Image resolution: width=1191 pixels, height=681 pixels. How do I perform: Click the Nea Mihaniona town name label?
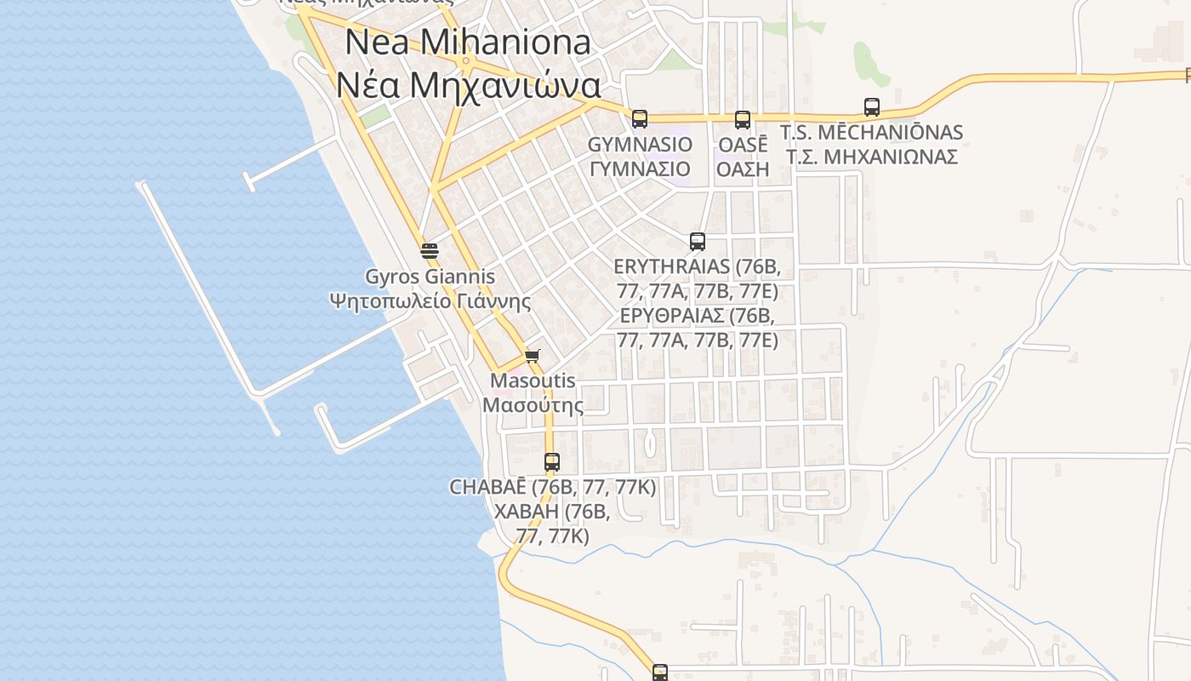coord(468,42)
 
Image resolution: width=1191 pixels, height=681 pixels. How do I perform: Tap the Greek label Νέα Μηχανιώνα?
coord(468,85)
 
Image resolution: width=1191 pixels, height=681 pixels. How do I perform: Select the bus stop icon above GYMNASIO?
coord(640,118)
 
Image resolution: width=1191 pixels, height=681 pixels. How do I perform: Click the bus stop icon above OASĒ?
coord(743,119)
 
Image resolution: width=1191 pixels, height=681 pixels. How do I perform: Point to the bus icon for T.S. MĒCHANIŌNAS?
coord(872,107)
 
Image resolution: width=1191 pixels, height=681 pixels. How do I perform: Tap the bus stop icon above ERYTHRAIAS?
coord(698,241)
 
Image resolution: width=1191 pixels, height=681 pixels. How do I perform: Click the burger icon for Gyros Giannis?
coord(430,250)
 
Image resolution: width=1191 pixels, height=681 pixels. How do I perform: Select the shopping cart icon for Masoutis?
coord(533,356)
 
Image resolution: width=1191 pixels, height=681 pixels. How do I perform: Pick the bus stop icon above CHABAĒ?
coord(552,462)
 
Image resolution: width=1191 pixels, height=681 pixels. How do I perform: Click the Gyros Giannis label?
coord(430,277)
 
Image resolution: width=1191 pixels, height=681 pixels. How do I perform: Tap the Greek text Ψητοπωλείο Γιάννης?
coord(430,300)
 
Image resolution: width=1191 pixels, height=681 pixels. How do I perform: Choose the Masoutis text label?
coord(533,381)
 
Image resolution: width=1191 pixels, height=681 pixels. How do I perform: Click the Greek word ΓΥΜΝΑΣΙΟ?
coord(640,168)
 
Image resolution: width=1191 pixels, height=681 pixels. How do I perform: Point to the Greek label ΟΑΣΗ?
coord(743,169)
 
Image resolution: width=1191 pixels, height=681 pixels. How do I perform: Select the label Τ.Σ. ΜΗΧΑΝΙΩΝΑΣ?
coord(872,157)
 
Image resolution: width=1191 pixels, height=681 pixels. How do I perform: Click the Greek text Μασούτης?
coord(533,404)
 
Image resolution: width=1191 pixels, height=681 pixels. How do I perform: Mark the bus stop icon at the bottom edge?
coord(660,672)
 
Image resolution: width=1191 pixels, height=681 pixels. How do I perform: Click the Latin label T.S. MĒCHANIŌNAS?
coord(872,132)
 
